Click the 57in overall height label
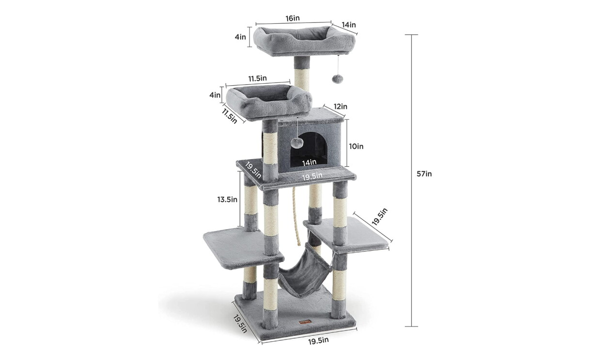coord(424,174)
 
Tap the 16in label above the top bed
coord(293,18)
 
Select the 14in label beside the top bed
coord(349,25)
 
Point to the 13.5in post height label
coord(227,200)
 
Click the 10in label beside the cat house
coord(356,146)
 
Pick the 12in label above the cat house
coord(341,107)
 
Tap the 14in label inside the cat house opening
coord(309,163)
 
